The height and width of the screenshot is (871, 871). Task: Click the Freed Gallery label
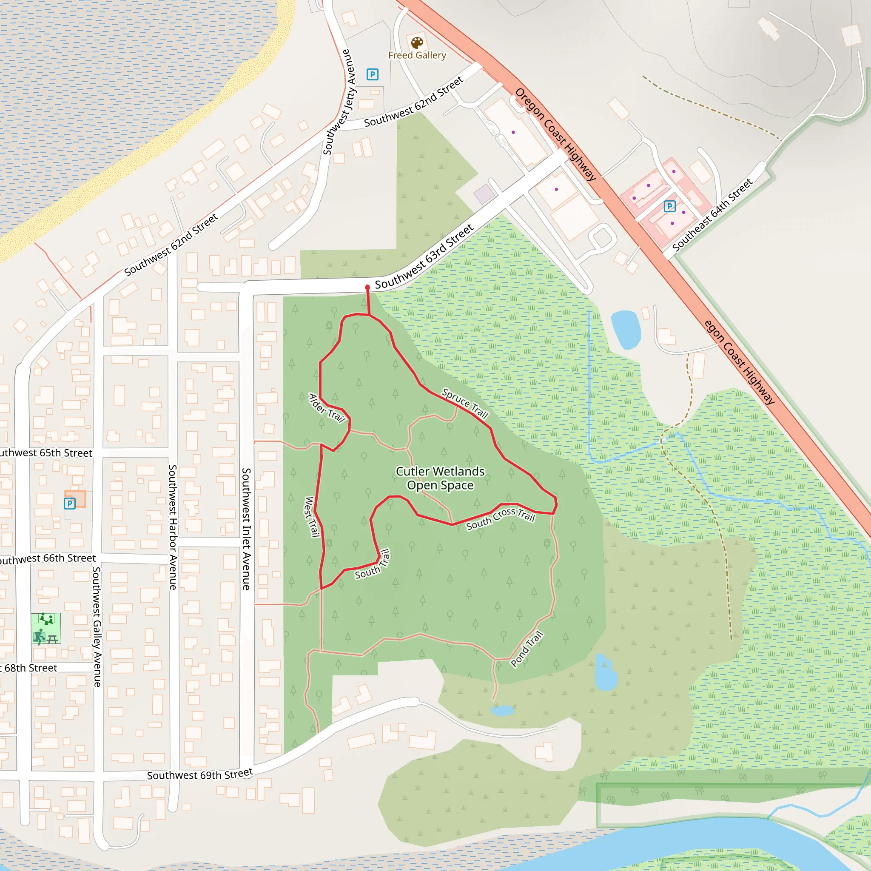point(417,55)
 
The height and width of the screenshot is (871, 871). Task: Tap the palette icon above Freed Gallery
point(417,43)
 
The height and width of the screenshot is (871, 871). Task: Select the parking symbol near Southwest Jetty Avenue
point(373,74)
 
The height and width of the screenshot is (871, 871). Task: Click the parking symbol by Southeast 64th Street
point(670,206)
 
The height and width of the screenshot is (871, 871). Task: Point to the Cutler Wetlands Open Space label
point(440,478)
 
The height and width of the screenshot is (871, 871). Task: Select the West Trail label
point(312,517)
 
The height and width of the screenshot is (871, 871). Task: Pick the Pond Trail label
point(527,649)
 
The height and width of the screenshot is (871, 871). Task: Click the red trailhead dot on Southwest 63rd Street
point(367,287)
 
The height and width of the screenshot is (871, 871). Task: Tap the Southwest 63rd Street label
point(424,256)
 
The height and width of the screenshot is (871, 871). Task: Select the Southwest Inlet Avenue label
point(246,528)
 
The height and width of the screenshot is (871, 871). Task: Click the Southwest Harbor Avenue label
point(173,527)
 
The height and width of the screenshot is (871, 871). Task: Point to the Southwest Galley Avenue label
point(97,626)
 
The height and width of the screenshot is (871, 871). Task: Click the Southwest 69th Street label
point(200,774)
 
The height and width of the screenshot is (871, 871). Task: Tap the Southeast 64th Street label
point(712,215)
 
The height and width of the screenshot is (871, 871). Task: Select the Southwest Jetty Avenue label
point(339,102)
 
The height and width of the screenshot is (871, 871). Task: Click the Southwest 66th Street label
point(47,558)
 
